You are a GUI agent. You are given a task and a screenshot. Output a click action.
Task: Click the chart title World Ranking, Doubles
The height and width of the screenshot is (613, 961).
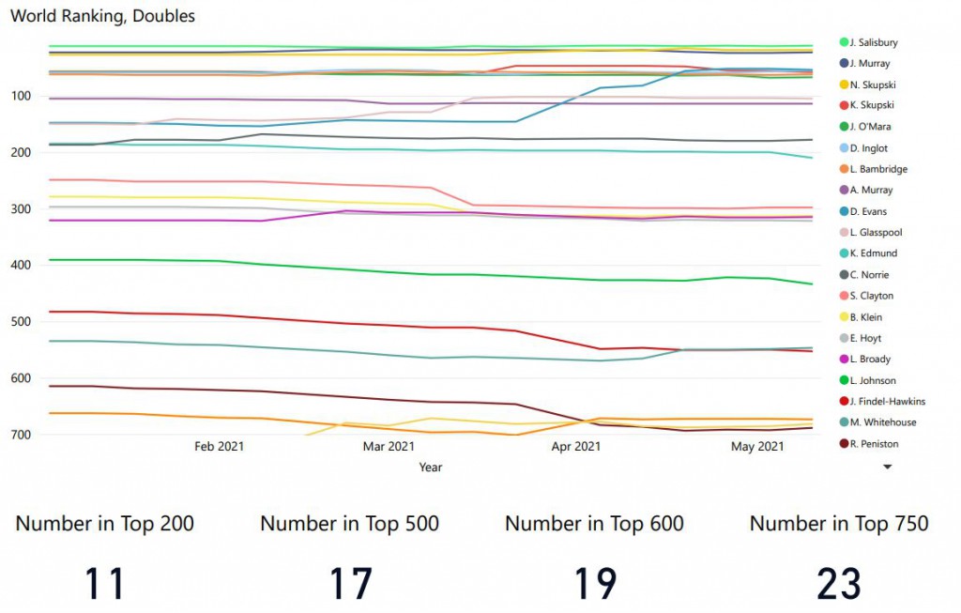click(103, 16)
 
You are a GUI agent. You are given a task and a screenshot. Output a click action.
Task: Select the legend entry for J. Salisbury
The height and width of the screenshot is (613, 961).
click(874, 42)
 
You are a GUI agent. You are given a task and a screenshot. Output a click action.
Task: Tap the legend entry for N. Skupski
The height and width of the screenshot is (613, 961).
click(873, 84)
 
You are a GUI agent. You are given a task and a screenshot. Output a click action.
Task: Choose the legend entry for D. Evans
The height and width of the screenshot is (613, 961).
click(868, 211)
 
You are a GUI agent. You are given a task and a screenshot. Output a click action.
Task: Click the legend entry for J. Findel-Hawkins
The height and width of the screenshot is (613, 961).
click(888, 402)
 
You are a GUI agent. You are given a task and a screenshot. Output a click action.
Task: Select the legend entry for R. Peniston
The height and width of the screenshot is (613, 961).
click(874, 444)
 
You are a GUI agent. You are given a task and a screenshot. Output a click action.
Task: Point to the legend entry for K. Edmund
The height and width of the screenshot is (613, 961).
click(872, 253)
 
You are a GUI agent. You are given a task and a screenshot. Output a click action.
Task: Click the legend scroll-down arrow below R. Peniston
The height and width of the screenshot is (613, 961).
click(887, 466)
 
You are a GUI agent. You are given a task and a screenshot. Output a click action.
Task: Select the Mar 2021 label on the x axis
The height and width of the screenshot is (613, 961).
click(389, 447)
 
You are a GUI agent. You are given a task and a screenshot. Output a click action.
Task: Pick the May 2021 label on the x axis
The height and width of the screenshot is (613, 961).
click(757, 447)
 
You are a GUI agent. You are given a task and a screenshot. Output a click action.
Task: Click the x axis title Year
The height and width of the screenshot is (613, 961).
click(431, 467)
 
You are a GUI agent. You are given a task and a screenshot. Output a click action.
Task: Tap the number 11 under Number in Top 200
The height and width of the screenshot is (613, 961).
click(105, 584)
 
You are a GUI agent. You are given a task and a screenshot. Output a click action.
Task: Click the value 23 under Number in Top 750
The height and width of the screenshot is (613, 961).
click(838, 584)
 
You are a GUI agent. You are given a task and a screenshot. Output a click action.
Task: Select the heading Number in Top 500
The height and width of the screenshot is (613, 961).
click(349, 524)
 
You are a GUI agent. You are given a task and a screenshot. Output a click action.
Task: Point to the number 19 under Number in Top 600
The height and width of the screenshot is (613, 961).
click(594, 584)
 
